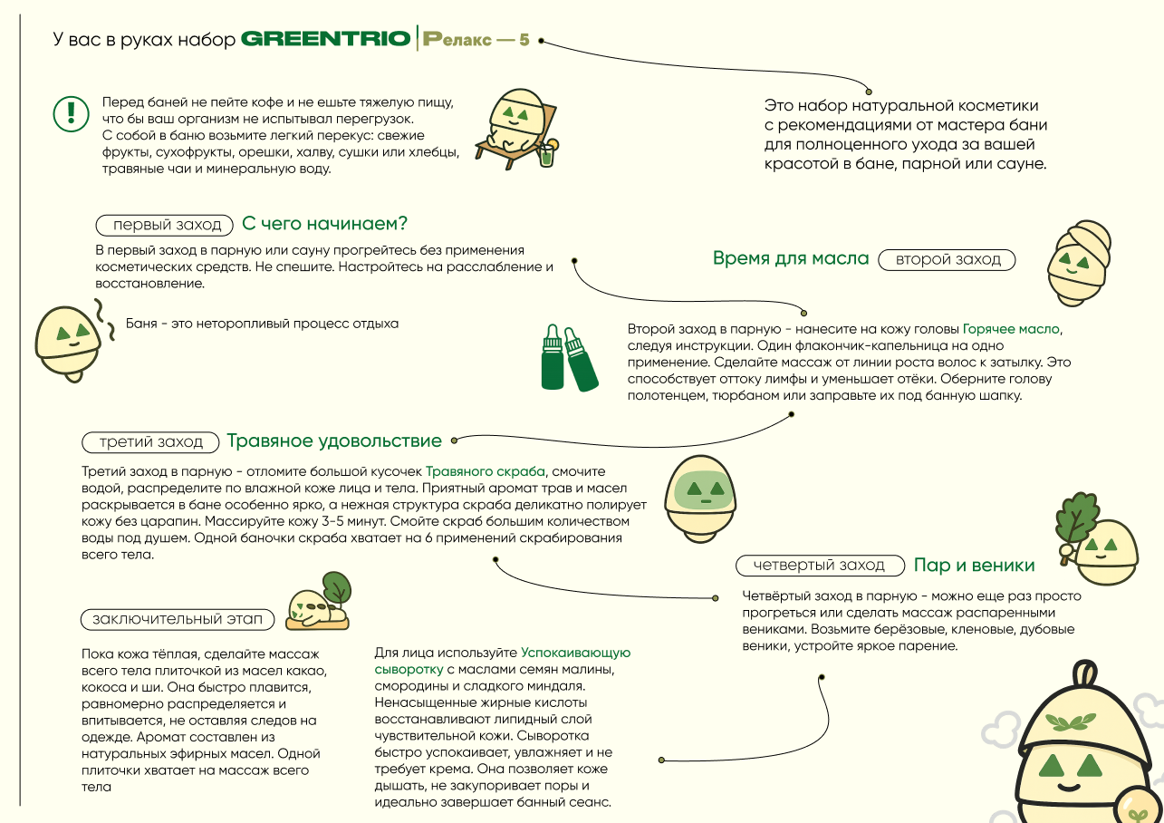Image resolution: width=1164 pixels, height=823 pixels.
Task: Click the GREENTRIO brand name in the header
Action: (x=326, y=40)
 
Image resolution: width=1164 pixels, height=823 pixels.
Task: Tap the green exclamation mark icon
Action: (x=69, y=112)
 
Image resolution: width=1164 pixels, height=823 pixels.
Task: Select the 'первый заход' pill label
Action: (x=166, y=225)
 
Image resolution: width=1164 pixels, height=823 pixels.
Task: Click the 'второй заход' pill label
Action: (x=948, y=259)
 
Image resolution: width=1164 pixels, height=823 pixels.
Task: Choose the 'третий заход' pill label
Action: (x=151, y=442)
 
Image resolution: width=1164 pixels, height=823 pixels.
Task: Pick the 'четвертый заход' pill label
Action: (x=820, y=566)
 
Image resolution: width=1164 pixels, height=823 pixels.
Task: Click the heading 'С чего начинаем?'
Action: (x=324, y=224)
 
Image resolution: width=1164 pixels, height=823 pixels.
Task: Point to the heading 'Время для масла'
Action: (x=791, y=258)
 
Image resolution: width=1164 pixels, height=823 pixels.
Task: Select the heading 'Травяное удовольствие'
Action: (x=334, y=441)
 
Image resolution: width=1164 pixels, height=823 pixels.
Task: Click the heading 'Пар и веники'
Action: (x=974, y=566)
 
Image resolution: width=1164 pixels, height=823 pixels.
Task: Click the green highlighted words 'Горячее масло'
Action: (x=1011, y=329)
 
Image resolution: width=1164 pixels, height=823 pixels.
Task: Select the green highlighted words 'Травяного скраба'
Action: (x=486, y=472)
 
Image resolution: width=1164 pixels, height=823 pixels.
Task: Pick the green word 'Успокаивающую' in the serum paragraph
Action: (x=575, y=653)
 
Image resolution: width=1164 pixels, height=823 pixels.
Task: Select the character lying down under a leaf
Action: (x=317, y=606)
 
